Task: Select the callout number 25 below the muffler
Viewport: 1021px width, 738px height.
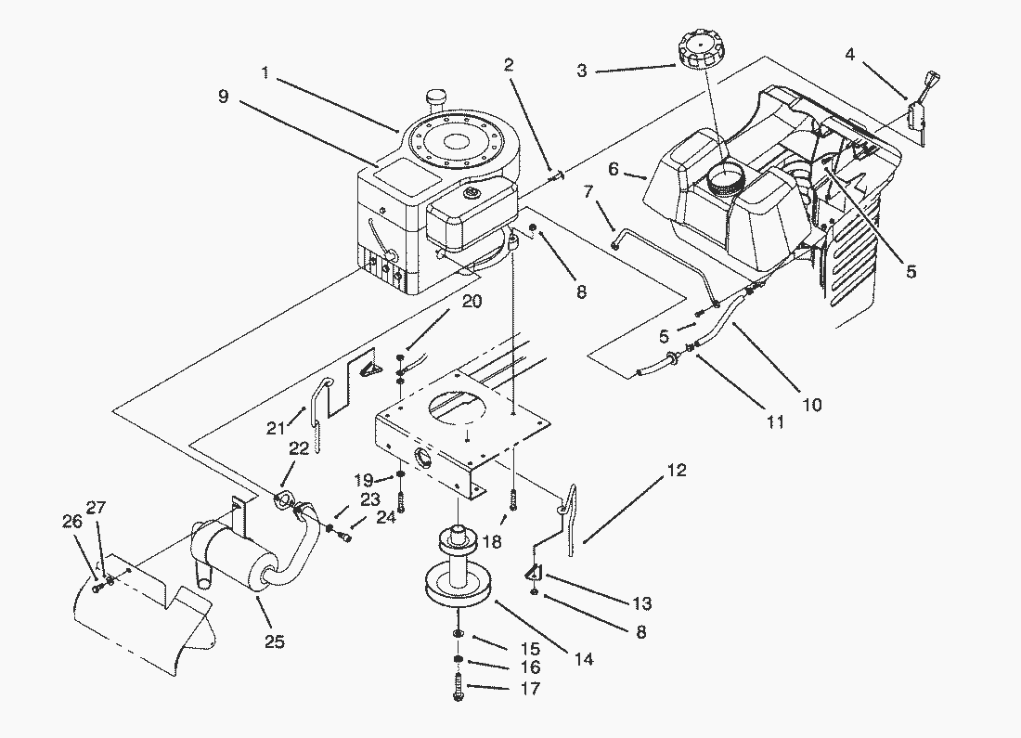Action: click(x=274, y=641)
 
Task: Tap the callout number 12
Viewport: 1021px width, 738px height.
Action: click(x=677, y=471)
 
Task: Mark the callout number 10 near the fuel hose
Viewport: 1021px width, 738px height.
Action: click(x=812, y=405)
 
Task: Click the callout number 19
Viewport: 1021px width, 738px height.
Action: click(x=365, y=480)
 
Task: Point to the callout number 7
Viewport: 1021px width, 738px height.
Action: click(x=588, y=191)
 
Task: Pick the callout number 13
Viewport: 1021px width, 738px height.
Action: click(x=642, y=604)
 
